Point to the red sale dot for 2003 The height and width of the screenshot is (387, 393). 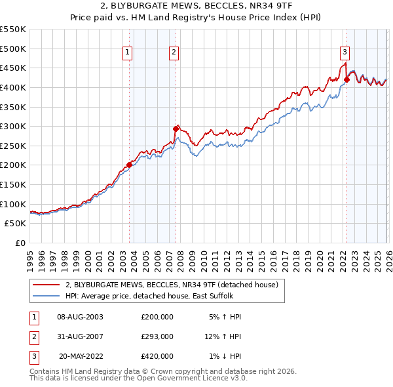pos(129,165)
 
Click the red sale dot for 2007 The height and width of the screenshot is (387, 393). pos(176,129)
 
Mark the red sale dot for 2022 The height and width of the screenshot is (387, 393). pos(346,79)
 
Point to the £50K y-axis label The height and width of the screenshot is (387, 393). pos(16,224)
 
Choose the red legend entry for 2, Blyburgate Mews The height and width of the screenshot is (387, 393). pos(172,285)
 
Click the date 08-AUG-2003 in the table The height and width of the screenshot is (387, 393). pos(80,316)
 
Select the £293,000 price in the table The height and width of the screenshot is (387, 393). pos(157,336)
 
